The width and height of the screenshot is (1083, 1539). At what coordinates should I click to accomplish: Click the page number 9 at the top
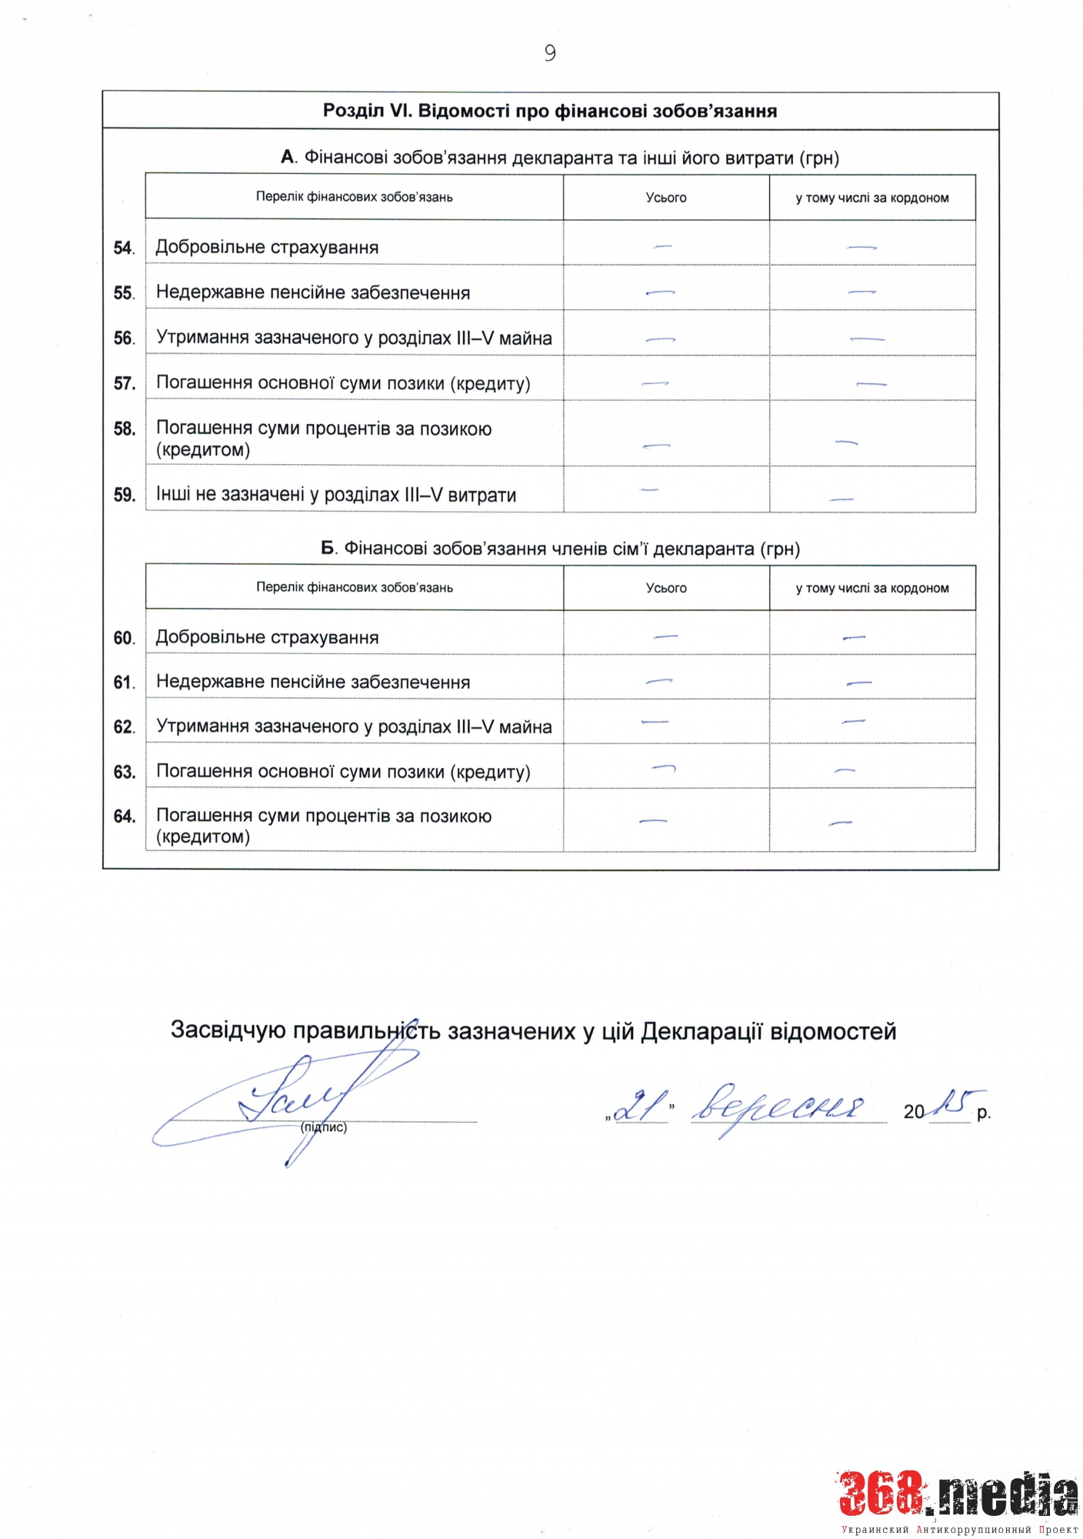[549, 52]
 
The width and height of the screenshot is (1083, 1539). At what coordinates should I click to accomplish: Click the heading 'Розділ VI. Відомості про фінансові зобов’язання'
[550, 111]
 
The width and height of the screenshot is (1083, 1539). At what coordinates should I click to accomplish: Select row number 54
[123, 248]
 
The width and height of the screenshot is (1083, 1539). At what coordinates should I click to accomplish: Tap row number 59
[124, 495]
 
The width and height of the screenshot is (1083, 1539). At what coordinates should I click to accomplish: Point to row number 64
[124, 816]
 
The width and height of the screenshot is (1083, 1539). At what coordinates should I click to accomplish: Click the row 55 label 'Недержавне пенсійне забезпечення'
[312, 292]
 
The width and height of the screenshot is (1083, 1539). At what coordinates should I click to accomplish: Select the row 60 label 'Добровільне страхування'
[267, 637]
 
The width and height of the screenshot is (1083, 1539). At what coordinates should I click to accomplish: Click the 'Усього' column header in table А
[666, 198]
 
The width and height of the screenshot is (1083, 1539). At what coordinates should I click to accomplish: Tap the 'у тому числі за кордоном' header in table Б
[872, 588]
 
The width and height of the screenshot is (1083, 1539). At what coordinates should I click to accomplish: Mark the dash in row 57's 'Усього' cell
[655, 382]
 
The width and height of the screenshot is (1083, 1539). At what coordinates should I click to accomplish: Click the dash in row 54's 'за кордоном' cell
[861, 247]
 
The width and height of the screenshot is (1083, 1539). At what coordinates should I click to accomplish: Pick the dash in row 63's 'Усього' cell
[663, 767]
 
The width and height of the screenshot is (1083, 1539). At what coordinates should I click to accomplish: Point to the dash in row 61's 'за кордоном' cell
[858, 683]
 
